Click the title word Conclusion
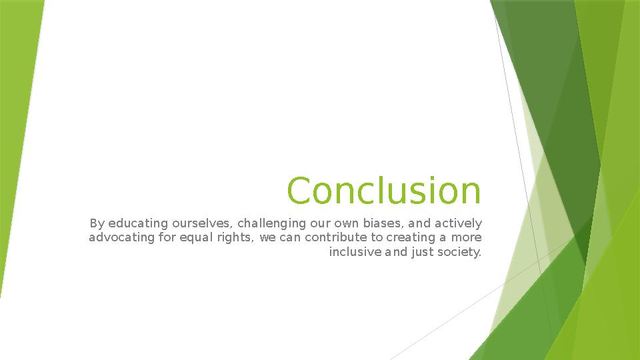(383, 191)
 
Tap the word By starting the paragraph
(97, 223)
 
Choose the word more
(466, 237)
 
